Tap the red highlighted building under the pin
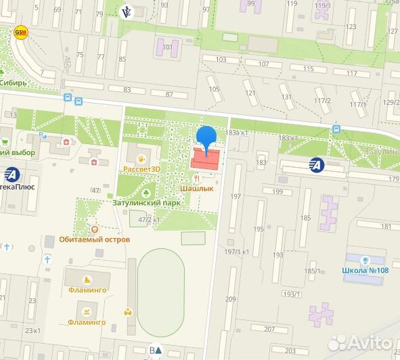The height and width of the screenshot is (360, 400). click(206, 160)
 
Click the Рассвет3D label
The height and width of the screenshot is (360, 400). click(141, 169)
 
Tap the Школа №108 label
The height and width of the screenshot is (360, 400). click(365, 271)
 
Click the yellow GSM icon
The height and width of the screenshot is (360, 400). click(22, 32)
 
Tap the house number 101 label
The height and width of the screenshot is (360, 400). click(167, 47)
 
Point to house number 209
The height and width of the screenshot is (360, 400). click(230, 299)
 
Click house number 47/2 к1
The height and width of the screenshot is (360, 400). click(149, 220)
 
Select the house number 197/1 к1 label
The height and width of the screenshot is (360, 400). click(237, 252)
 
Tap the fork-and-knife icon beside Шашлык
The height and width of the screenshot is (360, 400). click(196, 179)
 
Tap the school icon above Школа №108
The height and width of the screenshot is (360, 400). click(365, 259)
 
